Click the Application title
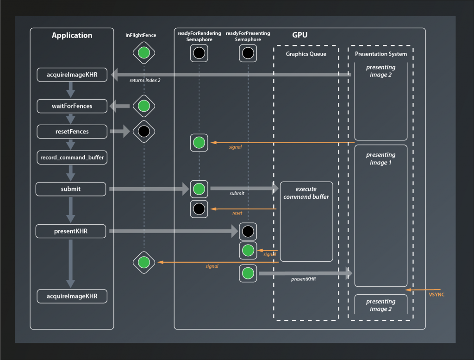[72, 36]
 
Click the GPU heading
[299, 35]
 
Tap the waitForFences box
[72, 106]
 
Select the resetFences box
[72, 132]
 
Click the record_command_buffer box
[72, 158]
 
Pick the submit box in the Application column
[70, 189]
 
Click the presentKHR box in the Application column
[71, 231]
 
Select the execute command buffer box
[306, 221]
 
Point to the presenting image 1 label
[380, 159]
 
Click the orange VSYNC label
[437, 295]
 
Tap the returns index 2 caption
[145, 80]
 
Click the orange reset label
[237, 213]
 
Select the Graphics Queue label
[306, 54]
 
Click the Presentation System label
[380, 54]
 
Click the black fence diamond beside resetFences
[144, 132]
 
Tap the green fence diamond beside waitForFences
[144, 106]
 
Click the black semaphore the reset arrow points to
[199, 209]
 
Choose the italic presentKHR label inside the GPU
[303, 279]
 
